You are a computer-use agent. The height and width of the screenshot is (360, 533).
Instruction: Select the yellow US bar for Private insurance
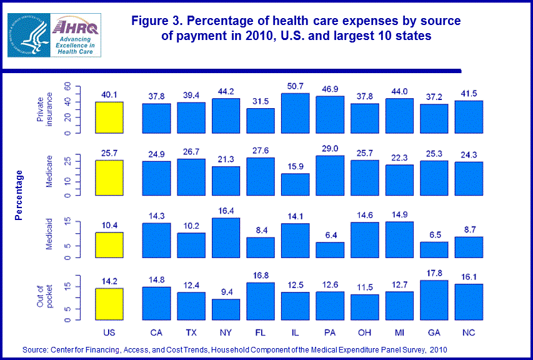(x=110, y=117)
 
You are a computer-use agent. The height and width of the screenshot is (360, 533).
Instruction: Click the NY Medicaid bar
(x=226, y=237)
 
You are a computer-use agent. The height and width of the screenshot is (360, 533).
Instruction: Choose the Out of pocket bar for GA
(x=434, y=301)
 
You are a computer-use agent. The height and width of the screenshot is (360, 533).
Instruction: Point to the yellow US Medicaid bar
(x=110, y=245)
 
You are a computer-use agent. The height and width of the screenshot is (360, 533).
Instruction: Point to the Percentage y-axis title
(x=19, y=195)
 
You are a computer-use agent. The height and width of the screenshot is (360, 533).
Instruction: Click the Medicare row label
(x=49, y=172)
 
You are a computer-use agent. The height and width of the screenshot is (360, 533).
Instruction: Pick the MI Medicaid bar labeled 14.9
(x=400, y=239)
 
